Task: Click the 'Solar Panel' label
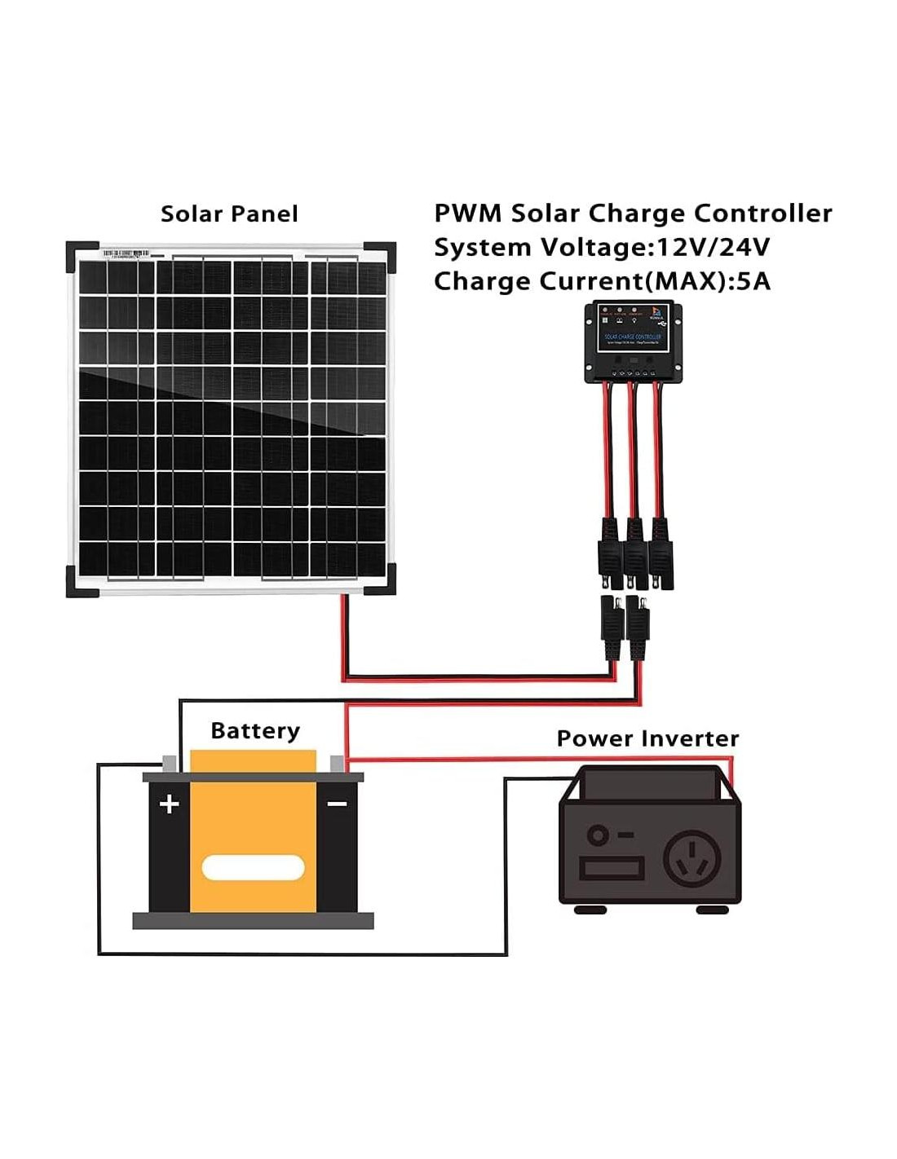229,214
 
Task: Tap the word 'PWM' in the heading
466,214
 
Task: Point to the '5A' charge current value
752,281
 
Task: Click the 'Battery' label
255,730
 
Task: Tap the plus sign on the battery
169,804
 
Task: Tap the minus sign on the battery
337,804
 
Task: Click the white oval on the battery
253,868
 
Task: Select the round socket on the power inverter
692,860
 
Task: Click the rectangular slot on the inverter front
612,868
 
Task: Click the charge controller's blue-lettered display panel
633,341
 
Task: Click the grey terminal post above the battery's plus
170,764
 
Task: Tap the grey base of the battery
253,921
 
